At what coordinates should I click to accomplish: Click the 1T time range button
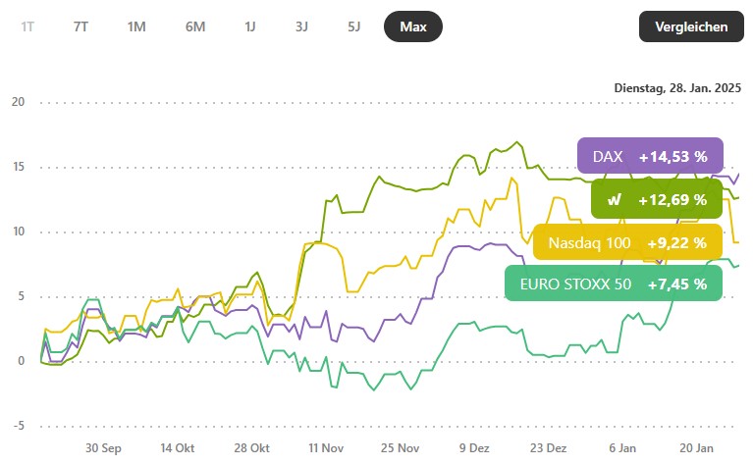[27, 26]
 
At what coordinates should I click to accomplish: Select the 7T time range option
[81, 26]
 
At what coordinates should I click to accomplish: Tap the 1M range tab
[136, 26]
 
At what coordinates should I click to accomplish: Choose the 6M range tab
[194, 26]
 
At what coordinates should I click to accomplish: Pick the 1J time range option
[250, 26]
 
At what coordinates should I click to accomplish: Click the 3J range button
[301, 26]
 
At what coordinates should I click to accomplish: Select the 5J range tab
[353, 26]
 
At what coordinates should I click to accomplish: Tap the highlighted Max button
[413, 26]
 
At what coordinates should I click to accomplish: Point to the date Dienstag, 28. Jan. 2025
[677, 87]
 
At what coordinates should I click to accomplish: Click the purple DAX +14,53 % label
[650, 156]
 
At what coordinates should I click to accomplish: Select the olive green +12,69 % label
[657, 199]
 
